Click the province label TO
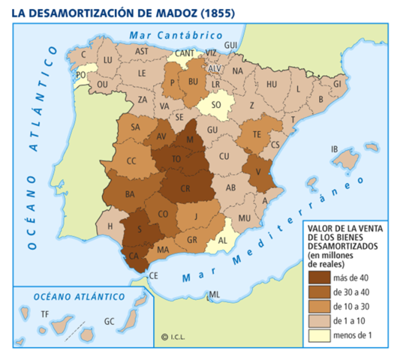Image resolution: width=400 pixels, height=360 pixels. [x=178, y=159]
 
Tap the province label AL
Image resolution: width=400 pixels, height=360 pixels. [x=222, y=241]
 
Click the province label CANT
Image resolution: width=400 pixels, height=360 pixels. [x=185, y=53]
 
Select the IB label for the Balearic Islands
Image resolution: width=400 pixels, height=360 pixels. [x=334, y=148]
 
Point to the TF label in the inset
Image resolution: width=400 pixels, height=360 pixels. [x=44, y=313]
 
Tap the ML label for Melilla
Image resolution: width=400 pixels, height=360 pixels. [x=215, y=294]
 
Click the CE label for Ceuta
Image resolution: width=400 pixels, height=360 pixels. [x=155, y=275]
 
